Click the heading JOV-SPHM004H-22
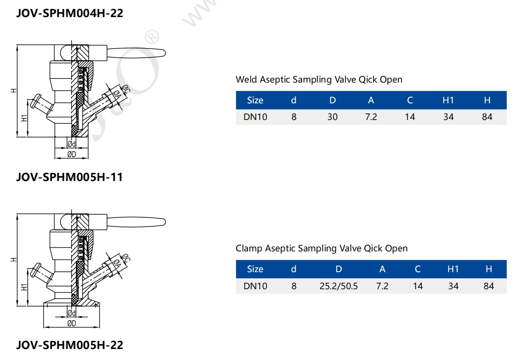point(69,13)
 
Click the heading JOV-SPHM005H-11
point(69,177)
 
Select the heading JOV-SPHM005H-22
point(69,345)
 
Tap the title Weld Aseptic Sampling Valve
point(319,79)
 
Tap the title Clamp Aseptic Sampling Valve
point(321,248)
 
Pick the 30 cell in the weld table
point(332,117)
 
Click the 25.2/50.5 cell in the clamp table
point(338,286)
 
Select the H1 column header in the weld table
point(448,100)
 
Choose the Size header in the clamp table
point(255,269)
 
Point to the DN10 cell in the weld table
point(255,117)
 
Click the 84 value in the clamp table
point(488,286)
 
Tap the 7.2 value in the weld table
point(370,117)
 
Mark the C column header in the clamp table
point(417,269)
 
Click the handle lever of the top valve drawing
point(136,53)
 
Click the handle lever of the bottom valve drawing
point(136,222)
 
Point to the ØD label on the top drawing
point(71,154)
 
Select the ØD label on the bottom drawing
point(71,323)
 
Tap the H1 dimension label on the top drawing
point(24,118)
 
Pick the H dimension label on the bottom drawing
point(13,259)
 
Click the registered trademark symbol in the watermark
point(151,37)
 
